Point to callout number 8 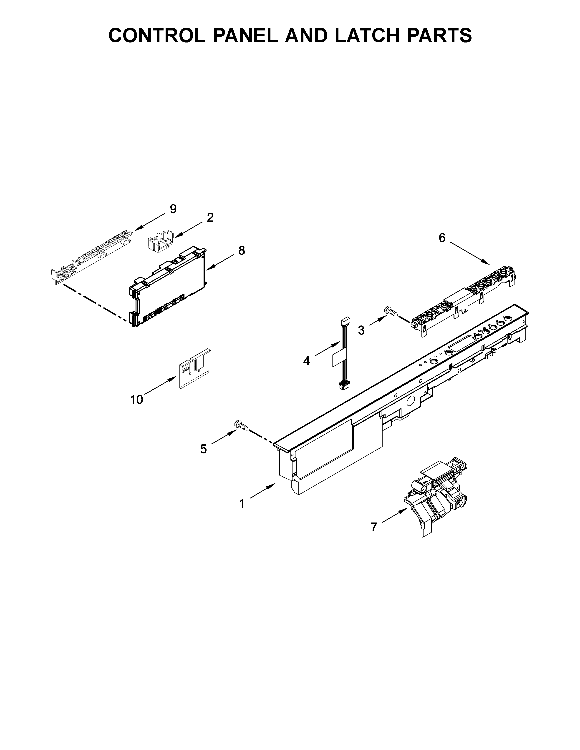pos(242,251)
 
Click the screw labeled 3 pos(391,311)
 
